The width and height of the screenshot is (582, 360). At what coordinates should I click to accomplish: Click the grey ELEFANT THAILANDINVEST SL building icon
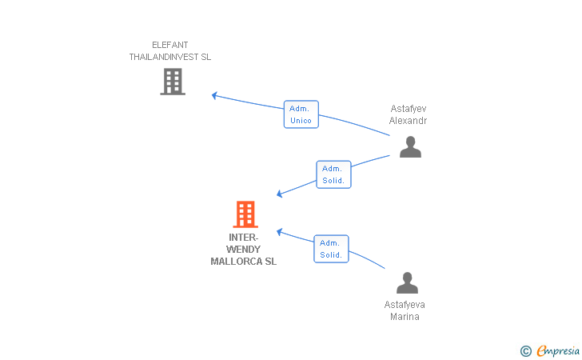pos(173,82)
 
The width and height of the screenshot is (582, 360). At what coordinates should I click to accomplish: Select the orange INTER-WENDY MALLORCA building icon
pos(245,214)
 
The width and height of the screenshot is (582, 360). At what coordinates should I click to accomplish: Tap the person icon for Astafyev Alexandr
pos(410,146)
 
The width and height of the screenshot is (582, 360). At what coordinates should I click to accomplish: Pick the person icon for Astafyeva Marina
pos(407,282)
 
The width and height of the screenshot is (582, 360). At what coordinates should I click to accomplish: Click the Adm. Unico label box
pos(301,114)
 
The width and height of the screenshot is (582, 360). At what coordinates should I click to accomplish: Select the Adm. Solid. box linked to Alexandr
pos(333,174)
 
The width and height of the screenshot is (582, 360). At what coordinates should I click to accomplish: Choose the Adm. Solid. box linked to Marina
pos(331,249)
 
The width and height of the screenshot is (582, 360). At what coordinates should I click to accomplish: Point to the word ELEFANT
pos(170,45)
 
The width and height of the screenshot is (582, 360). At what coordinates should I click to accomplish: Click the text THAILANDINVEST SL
pos(170,57)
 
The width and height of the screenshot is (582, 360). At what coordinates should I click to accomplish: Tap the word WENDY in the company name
pos(244,250)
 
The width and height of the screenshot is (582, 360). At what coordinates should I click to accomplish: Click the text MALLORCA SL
pos(244,262)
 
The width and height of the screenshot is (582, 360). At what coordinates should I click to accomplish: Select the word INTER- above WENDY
pos(244,238)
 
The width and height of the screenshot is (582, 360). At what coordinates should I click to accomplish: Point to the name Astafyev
pos(409,109)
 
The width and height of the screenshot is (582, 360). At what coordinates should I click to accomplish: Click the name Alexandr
pos(408,121)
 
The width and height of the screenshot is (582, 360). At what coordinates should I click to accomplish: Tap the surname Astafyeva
pos(405,305)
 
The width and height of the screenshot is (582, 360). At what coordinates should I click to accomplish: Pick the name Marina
pos(405,317)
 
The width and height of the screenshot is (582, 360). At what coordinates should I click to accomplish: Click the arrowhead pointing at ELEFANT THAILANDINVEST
pos(214,95)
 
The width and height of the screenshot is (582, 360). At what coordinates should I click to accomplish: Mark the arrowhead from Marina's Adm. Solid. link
pos(280,232)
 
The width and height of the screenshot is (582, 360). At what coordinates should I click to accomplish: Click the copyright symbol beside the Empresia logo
pos(526,351)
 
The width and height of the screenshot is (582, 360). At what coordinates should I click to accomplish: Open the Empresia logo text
pos(558,350)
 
